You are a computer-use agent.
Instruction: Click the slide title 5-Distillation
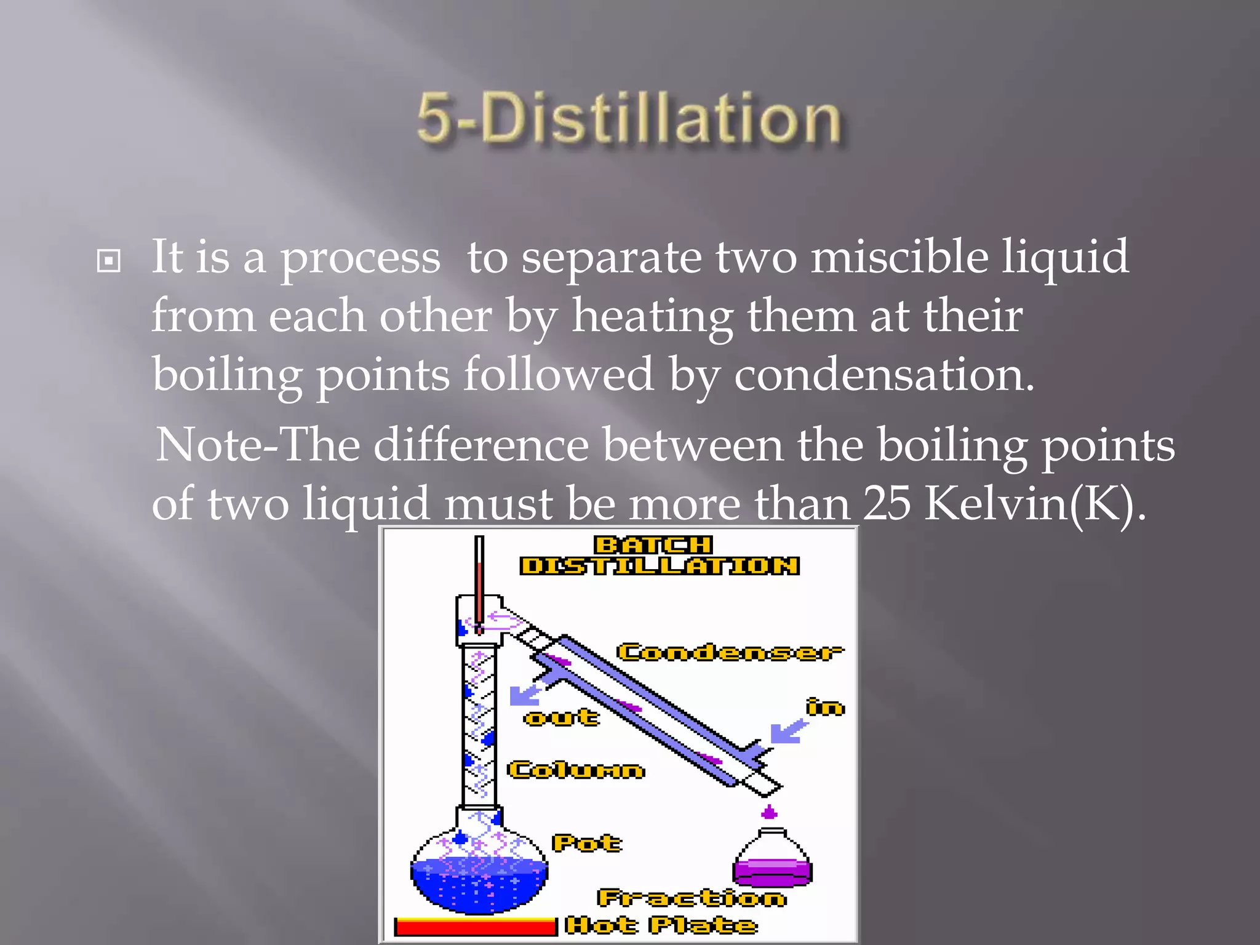pyautogui.click(x=629, y=118)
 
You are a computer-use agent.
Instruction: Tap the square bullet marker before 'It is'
pyautogui.click(x=109, y=261)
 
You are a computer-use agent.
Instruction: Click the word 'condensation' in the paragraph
pyautogui.click(x=883, y=375)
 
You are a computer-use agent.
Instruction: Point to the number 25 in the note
pyautogui.click(x=887, y=504)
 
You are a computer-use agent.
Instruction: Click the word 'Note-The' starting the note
pyautogui.click(x=258, y=444)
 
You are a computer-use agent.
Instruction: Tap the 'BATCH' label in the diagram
pyautogui.click(x=653, y=545)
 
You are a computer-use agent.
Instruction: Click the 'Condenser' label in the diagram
pyautogui.click(x=730, y=652)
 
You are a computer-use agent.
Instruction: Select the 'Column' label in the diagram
pyautogui.click(x=576, y=770)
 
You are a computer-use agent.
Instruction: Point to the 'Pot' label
pyautogui.click(x=587, y=843)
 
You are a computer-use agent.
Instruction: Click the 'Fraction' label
pyautogui.click(x=692, y=898)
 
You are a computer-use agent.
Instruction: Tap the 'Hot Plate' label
pyautogui.click(x=661, y=925)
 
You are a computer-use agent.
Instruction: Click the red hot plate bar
pyautogui.click(x=475, y=927)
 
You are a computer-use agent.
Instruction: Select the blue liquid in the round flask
pyautogui.click(x=479, y=886)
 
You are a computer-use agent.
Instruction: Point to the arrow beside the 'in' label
pyautogui.click(x=788, y=731)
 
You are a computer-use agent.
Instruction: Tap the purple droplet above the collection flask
pyautogui.click(x=769, y=813)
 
